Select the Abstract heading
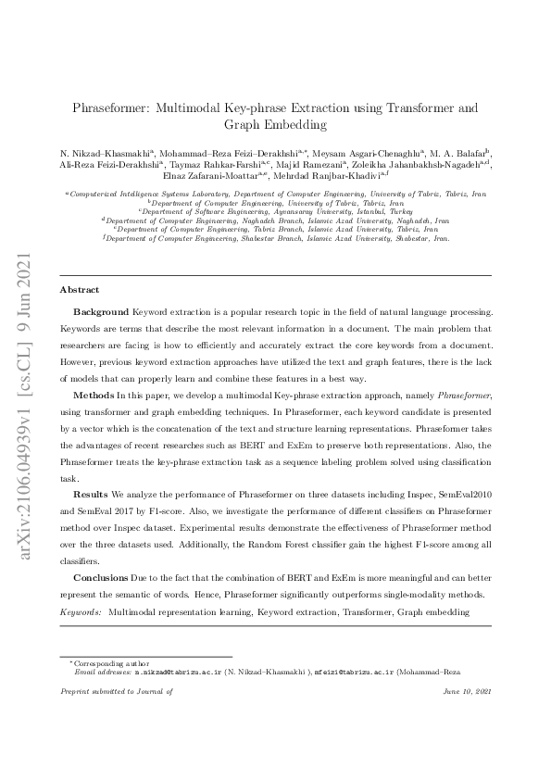[x=79, y=290]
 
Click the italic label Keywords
[x=81, y=613]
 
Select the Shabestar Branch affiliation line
[x=276, y=238]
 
